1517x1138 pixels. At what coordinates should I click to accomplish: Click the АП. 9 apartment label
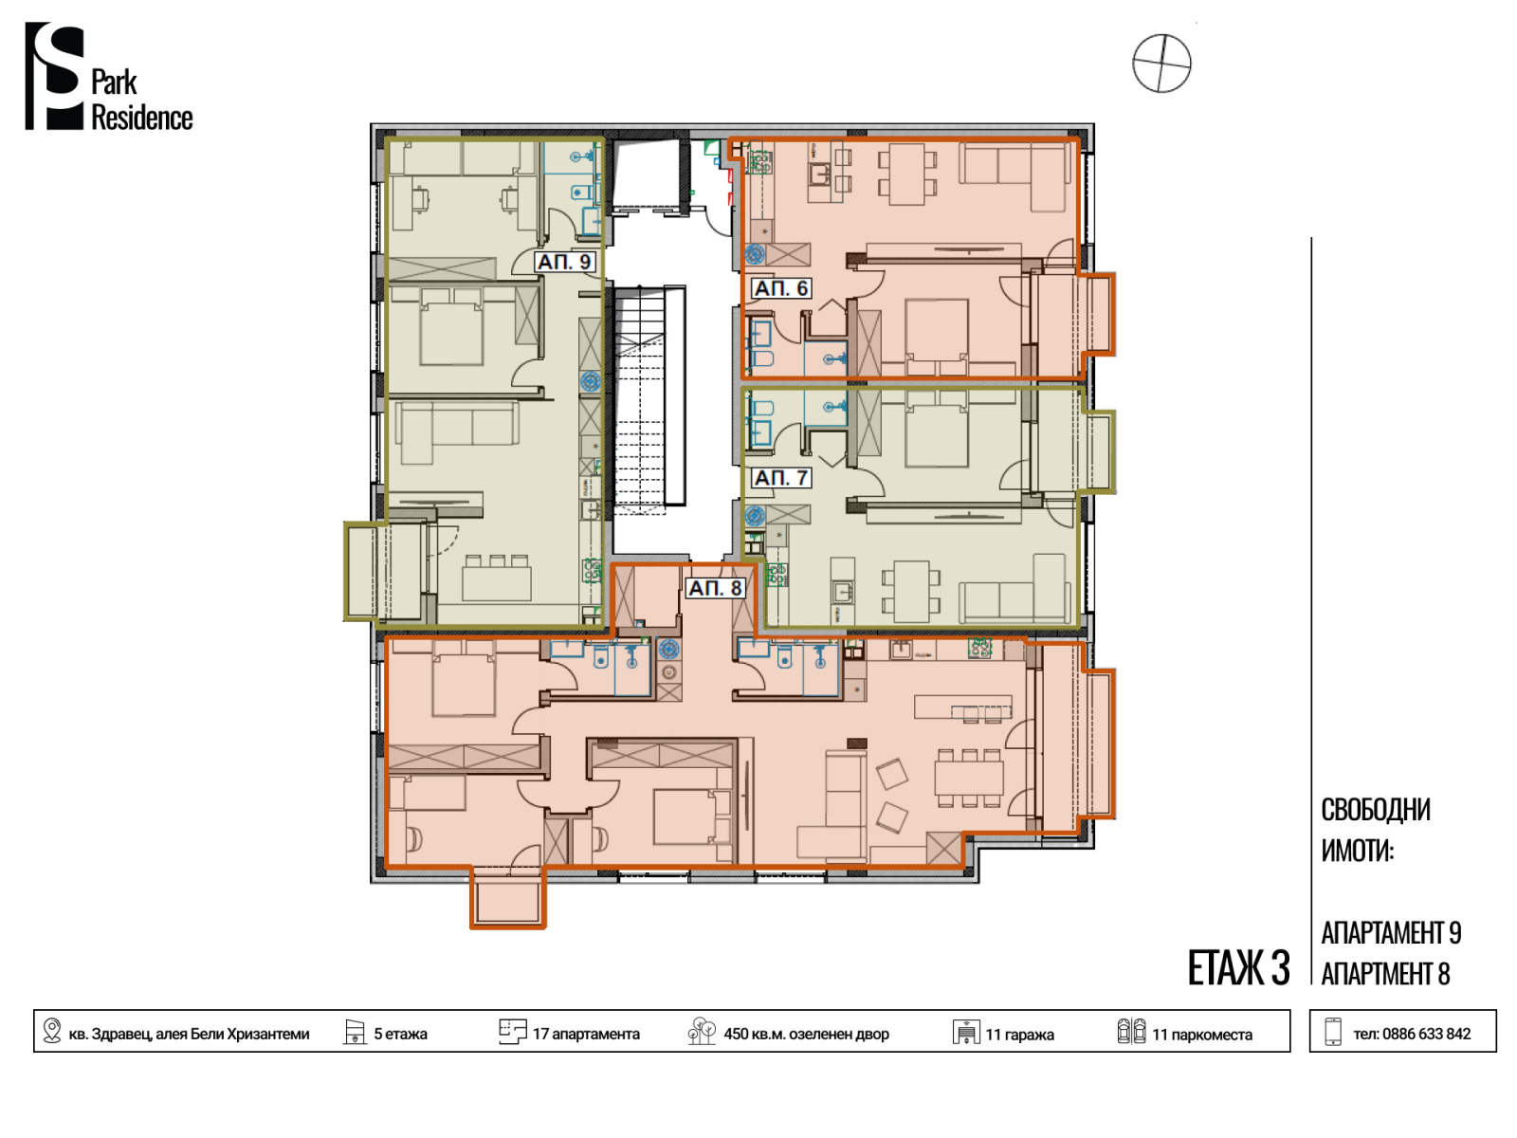click(x=564, y=262)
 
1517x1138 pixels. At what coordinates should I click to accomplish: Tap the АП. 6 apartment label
click(x=780, y=288)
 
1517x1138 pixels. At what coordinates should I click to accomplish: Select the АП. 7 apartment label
click(x=780, y=477)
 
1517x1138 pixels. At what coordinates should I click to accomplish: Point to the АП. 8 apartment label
click(x=715, y=588)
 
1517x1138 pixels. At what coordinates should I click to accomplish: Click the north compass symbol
click(x=1161, y=64)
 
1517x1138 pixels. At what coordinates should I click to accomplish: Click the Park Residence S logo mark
click(x=54, y=76)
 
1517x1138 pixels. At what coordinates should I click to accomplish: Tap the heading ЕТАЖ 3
click(x=1238, y=968)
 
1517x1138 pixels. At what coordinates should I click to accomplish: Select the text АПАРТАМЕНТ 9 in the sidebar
click(x=1391, y=933)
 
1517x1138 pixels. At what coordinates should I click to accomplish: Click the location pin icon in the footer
click(x=52, y=1031)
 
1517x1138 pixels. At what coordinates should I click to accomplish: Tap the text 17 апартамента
click(x=586, y=1035)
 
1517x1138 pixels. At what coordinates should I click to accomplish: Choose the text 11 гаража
click(x=1019, y=1035)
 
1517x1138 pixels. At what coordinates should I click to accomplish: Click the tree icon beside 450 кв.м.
click(x=702, y=1031)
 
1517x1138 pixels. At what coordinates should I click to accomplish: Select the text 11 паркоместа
click(x=1202, y=1035)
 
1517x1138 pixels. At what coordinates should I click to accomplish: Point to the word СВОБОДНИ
click(x=1376, y=810)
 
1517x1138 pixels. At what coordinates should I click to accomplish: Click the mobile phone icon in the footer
click(x=1333, y=1032)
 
